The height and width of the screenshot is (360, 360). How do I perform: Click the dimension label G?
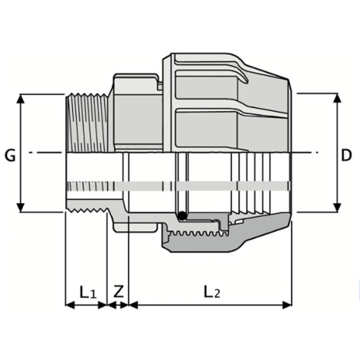(x=11, y=155)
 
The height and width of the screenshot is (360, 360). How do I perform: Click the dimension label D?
(x=346, y=155)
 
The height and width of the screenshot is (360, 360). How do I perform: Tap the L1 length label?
(x=87, y=291)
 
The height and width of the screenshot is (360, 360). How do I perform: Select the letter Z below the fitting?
(x=118, y=291)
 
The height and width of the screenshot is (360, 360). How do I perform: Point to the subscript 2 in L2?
(x=219, y=295)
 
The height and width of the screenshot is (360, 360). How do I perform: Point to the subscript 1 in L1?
(x=92, y=295)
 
